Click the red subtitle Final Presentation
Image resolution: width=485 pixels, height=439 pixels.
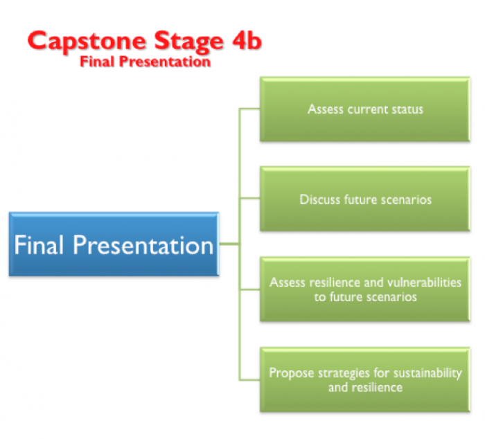pos(145,62)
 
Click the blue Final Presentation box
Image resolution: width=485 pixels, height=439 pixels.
pos(114,244)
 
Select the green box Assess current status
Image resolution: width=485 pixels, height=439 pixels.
pos(365,109)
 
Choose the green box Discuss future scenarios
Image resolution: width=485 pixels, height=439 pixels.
pos(365,199)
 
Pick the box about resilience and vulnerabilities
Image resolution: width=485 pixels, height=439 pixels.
pos(365,289)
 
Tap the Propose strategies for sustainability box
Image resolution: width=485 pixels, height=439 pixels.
pos(365,379)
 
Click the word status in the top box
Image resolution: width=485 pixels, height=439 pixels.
pos(407,109)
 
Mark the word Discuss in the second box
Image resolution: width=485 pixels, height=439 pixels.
pos(320,199)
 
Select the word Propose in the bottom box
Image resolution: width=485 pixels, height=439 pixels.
pos(290,373)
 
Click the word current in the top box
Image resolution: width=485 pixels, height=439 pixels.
pos(367,109)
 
